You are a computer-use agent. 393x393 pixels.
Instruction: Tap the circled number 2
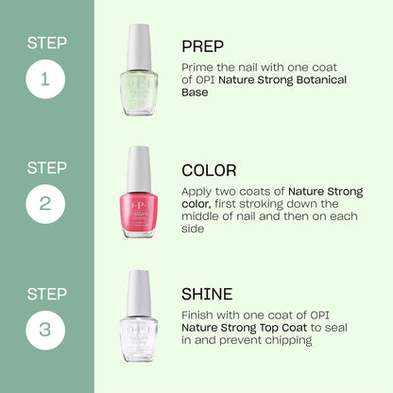(x=46, y=204)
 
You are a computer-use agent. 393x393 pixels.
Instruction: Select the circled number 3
(x=46, y=330)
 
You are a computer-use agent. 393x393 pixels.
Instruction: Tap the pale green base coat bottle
(x=140, y=71)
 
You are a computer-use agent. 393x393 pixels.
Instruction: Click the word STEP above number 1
(x=46, y=43)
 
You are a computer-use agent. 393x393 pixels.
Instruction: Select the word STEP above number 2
(x=46, y=167)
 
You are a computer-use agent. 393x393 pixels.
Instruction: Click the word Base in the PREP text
(x=196, y=94)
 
